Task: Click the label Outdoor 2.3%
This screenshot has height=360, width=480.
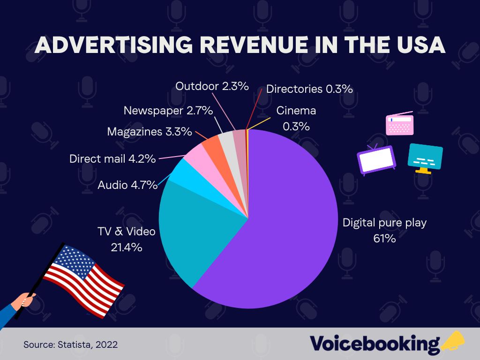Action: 212,86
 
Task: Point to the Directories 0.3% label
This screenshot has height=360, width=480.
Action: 309,89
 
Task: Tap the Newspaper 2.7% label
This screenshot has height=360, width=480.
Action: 168,111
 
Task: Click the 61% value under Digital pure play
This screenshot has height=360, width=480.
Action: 384,239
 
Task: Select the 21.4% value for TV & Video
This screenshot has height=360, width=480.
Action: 126,247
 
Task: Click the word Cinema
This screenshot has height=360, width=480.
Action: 296,111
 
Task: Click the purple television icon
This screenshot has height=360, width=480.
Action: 377,159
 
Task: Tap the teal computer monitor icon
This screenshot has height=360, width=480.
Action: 425,157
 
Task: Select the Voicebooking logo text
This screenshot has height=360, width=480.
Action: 375,344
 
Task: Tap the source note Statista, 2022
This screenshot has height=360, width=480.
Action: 70,345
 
